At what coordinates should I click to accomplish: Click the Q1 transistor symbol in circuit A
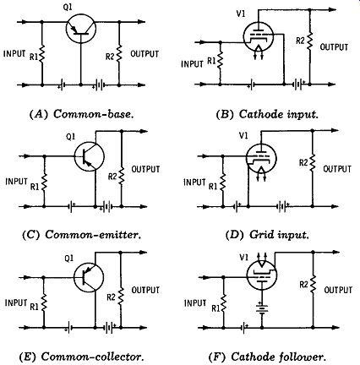tap(81, 28)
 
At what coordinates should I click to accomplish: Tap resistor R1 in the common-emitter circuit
tap(44, 182)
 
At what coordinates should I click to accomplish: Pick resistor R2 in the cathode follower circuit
tap(313, 285)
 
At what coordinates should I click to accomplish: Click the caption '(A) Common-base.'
tap(82, 114)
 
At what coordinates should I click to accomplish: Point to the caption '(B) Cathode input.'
tap(267, 114)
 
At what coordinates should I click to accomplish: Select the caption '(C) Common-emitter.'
tap(82, 235)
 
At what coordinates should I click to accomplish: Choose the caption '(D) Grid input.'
tap(267, 235)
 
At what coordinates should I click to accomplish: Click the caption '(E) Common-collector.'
tap(82, 357)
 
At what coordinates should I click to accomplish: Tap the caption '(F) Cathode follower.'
tap(267, 357)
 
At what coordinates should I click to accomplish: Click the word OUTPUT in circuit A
tap(145, 54)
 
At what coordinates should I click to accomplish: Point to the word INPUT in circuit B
tap(192, 64)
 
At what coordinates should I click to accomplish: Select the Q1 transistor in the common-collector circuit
tap(89, 277)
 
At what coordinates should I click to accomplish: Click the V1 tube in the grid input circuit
tap(261, 159)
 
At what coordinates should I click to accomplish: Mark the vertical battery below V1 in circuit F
tap(262, 308)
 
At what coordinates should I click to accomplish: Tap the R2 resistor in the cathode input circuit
tap(309, 41)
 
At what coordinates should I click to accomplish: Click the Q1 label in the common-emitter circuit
tap(70, 137)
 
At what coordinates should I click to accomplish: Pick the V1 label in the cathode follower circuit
tap(243, 258)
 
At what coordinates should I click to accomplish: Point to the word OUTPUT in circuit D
tap(337, 169)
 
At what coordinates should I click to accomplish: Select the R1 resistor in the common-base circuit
tap(42, 54)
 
